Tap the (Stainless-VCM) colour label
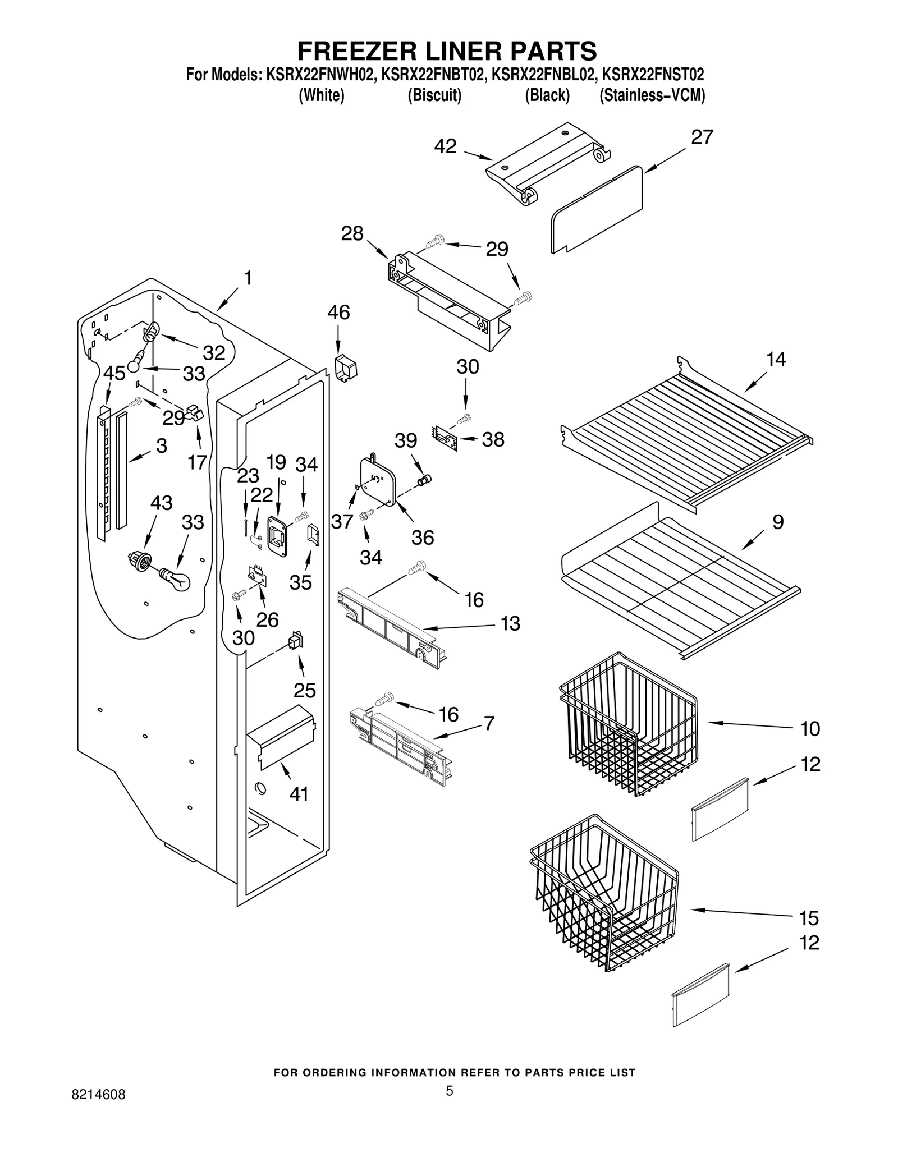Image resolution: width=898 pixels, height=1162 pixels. coord(652,95)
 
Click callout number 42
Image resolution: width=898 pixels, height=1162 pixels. coord(445,146)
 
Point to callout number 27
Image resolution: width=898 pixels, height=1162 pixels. coord(701,137)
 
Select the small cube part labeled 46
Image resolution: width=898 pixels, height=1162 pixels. coord(346,367)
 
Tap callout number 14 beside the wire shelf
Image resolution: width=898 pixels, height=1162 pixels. coord(776,359)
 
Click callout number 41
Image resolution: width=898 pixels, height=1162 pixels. coord(299,794)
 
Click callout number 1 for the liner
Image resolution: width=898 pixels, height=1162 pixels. coord(248,278)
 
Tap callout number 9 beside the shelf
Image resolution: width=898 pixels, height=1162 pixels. coord(777,522)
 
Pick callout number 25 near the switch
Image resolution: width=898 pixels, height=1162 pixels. coord(305,690)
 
